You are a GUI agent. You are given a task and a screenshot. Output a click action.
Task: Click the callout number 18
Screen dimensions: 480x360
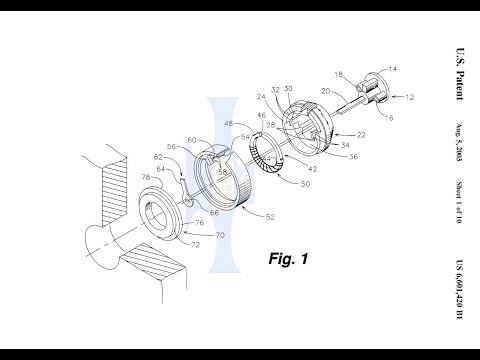(x=338, y=74)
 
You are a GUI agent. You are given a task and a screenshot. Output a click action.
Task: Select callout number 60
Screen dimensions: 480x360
(x=189, y=141)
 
